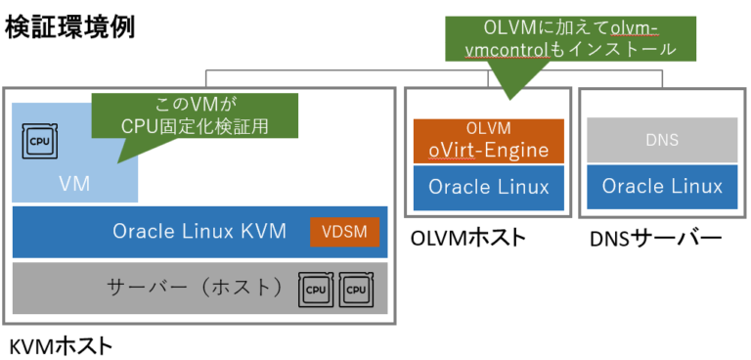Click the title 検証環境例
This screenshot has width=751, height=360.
click(69, 26)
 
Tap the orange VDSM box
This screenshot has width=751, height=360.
click(343, 232)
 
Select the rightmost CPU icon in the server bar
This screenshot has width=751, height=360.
click(357, 289)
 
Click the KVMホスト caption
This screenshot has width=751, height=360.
click(60, 344)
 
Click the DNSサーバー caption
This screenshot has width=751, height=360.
click(656, 237)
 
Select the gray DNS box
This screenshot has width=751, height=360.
click(662, 140)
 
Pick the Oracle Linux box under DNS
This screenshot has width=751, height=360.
click(662, 186)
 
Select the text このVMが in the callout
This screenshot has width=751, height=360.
click(195, 103)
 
